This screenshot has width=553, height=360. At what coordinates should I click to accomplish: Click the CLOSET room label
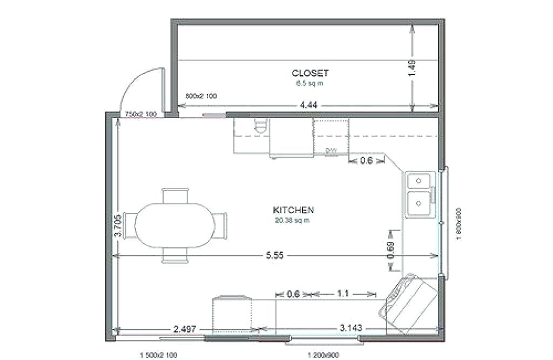(x=310, y=73)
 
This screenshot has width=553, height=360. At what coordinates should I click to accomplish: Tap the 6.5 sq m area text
(x=310, y=84)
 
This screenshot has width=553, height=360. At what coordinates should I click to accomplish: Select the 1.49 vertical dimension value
(x=413, y=69)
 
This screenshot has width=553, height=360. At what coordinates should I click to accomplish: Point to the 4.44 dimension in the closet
(x=308, y=105)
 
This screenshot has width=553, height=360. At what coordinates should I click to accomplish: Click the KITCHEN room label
(x=293, y=210)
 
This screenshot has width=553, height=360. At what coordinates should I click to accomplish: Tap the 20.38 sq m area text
(x=293, y=220)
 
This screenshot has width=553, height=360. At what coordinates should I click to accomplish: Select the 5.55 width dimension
(x=275, y=256)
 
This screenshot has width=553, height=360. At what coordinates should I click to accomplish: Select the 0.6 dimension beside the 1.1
(x=293, y=294)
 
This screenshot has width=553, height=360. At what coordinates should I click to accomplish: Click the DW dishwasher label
(x=331, y=151)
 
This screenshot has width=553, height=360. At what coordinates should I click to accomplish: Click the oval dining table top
(x=174, y=223)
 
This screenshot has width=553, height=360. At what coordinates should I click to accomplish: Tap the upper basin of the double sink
(x=419, y=180)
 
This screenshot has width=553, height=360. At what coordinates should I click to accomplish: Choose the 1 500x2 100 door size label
(x=159, y=355)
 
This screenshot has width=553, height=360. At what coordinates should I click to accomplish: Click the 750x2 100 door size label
(x=141, y=114)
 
